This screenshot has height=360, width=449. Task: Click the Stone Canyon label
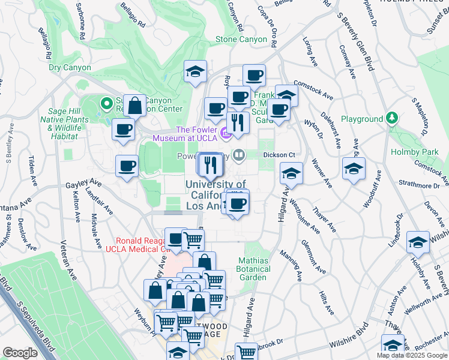(x=241, y=40)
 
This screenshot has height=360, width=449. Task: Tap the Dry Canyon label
(x=70, y=68)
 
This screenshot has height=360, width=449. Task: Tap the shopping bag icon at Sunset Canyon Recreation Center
(x=136, y=106)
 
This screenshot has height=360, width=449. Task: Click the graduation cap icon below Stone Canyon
(x=195, y=73)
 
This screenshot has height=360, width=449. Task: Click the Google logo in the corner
(x=20, y=353)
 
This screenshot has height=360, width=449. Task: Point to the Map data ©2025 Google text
(x=412, y=355)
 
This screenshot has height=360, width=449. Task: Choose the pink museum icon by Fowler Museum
(x=227, y=132)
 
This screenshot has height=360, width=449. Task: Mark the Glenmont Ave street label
(x=313, y=258)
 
